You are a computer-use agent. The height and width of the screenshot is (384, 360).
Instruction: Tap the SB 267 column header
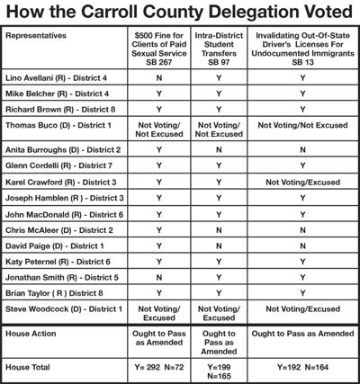click(159, 50)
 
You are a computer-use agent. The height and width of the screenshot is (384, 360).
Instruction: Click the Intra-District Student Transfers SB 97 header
click(218, 50)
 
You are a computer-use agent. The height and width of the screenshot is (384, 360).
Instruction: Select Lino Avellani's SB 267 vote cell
click(159, 78)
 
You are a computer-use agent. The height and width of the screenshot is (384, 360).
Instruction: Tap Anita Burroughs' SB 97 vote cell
click(218, 148)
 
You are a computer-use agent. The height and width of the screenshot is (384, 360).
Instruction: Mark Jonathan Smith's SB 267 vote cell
click(159, 278)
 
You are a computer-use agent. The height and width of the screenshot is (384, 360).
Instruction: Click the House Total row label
click(29, 366)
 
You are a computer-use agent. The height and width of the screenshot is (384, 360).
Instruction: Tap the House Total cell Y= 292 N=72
click(159, 366)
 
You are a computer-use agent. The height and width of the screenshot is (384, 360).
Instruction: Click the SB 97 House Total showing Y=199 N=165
click(218, 371)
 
